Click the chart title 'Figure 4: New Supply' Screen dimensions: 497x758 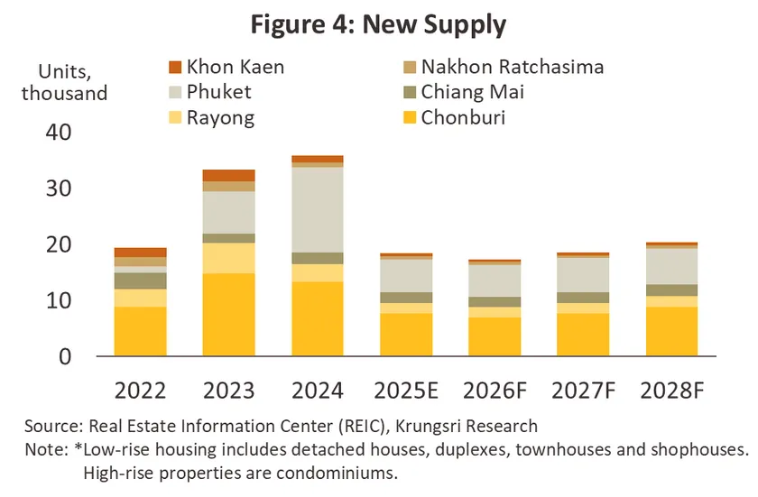tap(378, 24)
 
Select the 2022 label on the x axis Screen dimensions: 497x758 tap(140, 391)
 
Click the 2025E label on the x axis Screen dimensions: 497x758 tap(405, 391)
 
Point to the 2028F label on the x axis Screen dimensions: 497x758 tap(670, 391)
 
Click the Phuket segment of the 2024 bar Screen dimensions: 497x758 tap(317, 209)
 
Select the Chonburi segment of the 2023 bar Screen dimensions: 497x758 tap(228, 315)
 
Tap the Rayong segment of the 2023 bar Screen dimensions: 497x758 tap(228, 258)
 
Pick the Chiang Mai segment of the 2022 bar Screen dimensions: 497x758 tap(140, 281)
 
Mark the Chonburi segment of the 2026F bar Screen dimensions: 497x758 tap(494, 336)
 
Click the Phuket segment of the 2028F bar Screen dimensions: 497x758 tap(670, 266)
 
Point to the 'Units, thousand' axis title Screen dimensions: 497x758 tap(64, 81)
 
